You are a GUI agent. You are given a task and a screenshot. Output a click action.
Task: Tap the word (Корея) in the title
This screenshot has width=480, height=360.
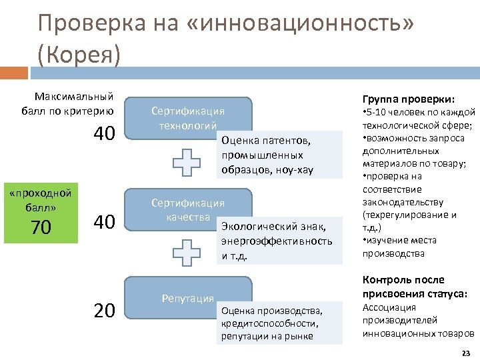click(79, 54)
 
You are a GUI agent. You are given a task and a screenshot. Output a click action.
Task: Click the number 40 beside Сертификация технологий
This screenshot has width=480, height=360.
click(105, 134)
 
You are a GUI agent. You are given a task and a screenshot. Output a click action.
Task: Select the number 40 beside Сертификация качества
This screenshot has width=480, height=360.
click(105, 221)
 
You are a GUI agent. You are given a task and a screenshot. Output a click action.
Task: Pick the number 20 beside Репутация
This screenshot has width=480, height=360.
click(105, 311)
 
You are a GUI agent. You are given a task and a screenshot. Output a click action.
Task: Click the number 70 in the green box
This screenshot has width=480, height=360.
click(41, 228)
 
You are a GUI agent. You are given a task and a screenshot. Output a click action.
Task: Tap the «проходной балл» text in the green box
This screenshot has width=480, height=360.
click(41, 199)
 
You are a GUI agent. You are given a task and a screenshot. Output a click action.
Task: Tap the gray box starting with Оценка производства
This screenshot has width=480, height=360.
click(279, 323)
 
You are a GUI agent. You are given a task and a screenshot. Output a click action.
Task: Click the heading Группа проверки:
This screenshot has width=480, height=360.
click(408, 97)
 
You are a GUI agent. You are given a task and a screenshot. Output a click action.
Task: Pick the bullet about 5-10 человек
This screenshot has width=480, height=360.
click(418, 118)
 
